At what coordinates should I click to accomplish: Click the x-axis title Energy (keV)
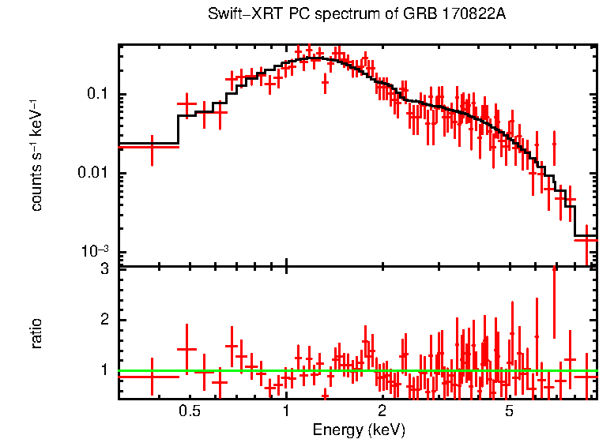pos(359,430)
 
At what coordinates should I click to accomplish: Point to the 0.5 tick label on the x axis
pos(189,411)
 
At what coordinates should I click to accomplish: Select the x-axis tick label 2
pos(382,411)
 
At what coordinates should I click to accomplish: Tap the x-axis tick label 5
pos(510,411)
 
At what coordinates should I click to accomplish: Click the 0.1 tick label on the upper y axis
pos(97,95)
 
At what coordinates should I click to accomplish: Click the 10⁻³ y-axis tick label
pos(96,251)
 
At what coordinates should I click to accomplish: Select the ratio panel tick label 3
pos(104,270)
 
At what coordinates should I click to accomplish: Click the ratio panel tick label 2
pos(104,320)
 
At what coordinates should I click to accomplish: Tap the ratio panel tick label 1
pos(104,370)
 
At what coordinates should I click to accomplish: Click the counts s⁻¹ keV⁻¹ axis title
pos(37,154)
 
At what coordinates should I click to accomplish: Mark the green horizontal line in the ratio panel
pos(356,370)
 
